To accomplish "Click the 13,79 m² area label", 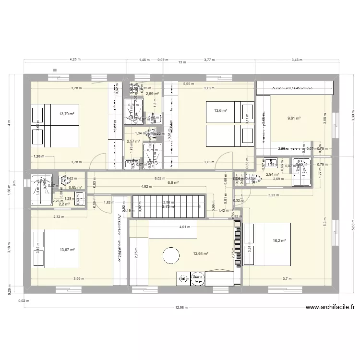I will pos(67,114).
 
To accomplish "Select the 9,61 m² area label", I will pos(294,118).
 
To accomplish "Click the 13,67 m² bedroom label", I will pos(67,249).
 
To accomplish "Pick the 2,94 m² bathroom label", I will pos(273,175).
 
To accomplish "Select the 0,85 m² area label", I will pos(76,188).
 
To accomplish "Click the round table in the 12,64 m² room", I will pos(171,254).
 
